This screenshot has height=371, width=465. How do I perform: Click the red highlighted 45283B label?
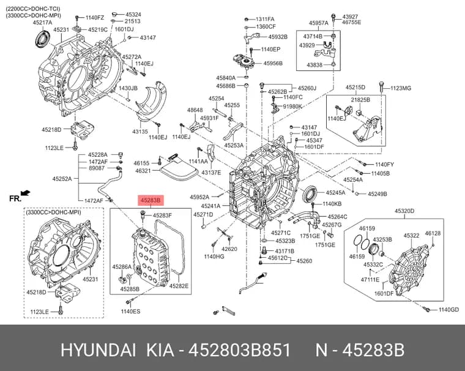coord(151,201)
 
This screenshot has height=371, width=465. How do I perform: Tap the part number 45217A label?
coord(42,23)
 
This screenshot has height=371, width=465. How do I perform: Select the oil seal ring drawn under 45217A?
coord(43,38)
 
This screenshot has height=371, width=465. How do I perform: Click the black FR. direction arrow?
coord(26,193)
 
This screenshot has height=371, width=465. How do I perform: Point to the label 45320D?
coord(404,211)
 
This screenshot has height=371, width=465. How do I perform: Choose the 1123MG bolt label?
coord(401,88)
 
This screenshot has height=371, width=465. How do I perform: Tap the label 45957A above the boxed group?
coord(319,23)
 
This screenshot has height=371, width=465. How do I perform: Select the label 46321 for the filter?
coord(143,171)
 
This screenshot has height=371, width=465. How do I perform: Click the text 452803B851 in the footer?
coord(240,350)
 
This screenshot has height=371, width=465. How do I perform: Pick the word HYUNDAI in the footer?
coord(99,350)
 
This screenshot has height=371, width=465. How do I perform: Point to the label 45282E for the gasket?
coord(179,286)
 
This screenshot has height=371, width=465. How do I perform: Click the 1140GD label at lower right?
coord(448,310)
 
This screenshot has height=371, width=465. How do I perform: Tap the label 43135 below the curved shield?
coord(140,131)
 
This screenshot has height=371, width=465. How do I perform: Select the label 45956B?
coord(273,63)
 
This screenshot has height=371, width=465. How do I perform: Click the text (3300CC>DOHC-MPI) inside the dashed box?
coord(53,212)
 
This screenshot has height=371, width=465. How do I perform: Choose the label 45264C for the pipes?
coord(337,217)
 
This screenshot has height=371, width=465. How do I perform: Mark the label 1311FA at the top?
coord(265,20)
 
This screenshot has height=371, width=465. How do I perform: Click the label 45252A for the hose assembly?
coord(62,179)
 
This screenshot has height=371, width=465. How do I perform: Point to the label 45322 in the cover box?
coord(411,236)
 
